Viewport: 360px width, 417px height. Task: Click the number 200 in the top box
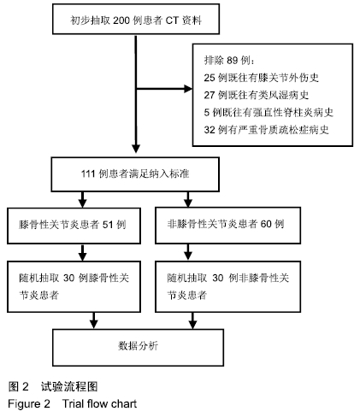121,21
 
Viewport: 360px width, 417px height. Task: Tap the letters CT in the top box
172,21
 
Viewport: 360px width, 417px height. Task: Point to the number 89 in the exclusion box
233,60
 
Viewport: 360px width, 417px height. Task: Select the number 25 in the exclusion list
210,78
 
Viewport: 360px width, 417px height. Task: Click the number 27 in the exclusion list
210,95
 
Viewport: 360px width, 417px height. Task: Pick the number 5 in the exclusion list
207,112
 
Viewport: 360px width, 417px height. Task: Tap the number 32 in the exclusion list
210,130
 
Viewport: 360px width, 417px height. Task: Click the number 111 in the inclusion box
88,173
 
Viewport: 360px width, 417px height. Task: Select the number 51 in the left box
108,225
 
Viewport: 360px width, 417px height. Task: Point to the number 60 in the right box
266,224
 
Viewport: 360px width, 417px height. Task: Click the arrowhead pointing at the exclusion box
188,89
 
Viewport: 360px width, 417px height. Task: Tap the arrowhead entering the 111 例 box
136,149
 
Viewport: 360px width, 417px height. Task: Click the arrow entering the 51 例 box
83,199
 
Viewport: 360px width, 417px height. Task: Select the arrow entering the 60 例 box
188,199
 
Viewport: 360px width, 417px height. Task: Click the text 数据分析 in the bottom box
138,346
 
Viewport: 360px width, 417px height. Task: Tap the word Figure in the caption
24,404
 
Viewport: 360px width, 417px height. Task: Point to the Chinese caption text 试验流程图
69,386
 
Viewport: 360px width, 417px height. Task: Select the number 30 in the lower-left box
69,278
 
